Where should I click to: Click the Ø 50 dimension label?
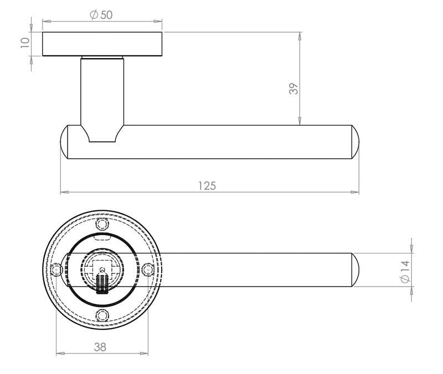coord(101,15)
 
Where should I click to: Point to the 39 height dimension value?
coord(293,89)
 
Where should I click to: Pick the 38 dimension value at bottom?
coord(100,347)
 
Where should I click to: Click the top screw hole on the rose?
coord(101,224)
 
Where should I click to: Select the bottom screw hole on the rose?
coord(101,316)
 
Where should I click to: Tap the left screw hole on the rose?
coord(55,270)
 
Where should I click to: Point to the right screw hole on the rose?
coord(147,270)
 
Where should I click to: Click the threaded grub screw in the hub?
coord(102,282)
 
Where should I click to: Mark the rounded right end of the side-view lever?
coord(354,142)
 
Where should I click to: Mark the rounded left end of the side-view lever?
coord(64,142)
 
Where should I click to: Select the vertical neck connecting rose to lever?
coord(102,91)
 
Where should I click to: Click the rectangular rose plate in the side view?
coord(102,44)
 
